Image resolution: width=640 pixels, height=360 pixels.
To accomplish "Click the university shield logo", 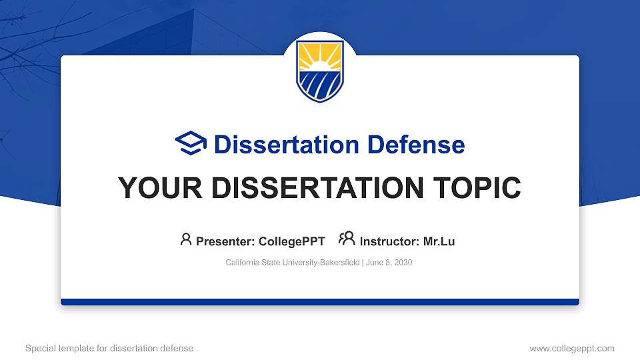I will pos(320,71).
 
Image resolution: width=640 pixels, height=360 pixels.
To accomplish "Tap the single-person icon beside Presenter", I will pos(186,239).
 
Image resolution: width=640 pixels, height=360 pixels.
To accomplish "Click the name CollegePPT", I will pos(291,241).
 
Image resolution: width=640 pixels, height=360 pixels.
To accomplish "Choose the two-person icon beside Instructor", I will pos(347,239).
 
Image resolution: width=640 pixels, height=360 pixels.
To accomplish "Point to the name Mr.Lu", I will pos(439,241).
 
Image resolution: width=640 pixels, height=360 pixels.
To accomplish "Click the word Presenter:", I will pos(225,241).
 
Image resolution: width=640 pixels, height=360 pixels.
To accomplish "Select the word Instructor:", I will pos(389,241).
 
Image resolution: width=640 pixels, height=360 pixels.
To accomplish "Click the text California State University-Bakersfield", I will pos(293,263).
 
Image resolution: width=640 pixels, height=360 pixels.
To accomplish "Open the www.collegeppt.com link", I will pos(571,348).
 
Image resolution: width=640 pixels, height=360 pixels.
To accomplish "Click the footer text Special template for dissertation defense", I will pos(109,348).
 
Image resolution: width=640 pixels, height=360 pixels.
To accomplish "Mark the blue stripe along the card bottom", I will pos(320,302).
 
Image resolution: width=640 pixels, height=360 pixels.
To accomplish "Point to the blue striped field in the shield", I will pos(320,85).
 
